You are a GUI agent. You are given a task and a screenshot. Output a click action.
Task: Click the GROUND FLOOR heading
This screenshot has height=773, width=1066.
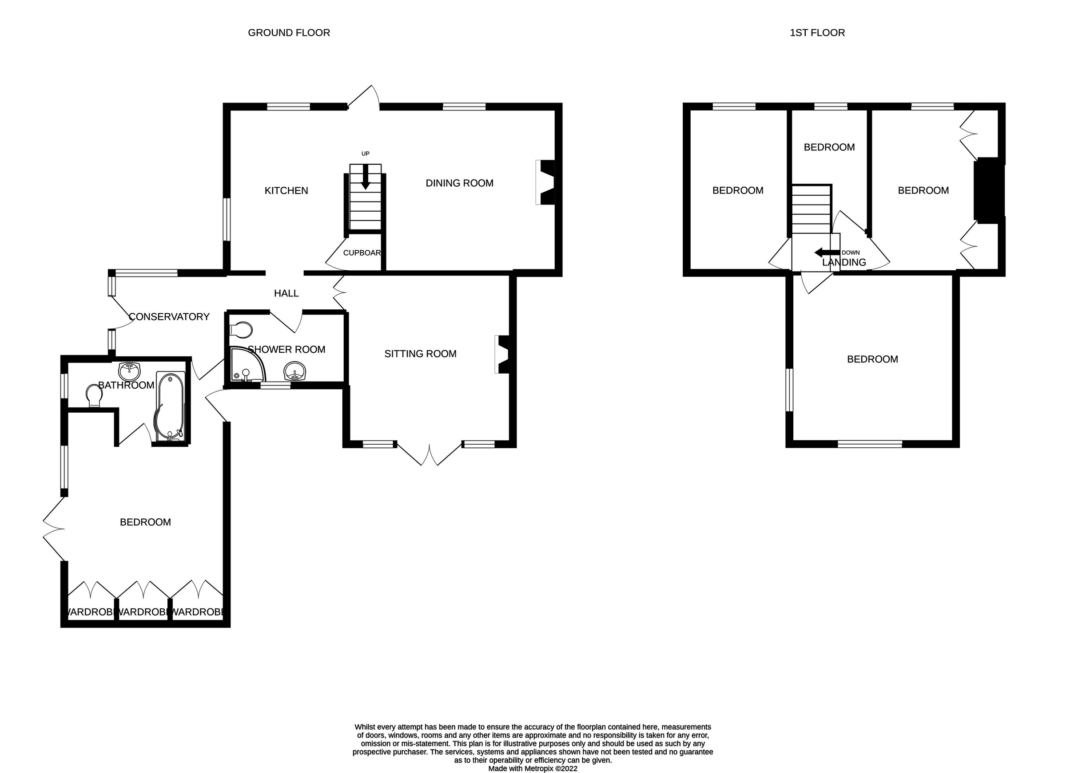point(289,33)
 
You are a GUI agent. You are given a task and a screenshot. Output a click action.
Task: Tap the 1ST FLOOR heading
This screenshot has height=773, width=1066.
point(817,33)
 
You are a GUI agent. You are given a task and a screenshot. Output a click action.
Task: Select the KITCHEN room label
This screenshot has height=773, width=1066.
point(286,191)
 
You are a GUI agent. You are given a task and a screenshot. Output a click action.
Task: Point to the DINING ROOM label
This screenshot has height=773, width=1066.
point(459,183)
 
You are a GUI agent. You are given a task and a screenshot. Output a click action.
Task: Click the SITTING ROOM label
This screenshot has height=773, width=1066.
point(420,354)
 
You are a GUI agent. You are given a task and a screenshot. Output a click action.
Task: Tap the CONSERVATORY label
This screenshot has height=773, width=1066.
point(169,316)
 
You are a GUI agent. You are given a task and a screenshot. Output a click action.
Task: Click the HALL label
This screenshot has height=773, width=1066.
point(286,293)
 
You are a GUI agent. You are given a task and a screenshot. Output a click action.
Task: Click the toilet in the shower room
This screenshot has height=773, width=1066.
point(242,330)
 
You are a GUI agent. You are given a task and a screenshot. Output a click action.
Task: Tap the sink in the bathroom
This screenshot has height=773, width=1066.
point(129,371)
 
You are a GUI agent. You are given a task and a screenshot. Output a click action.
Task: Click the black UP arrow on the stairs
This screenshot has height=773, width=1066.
point(365,181)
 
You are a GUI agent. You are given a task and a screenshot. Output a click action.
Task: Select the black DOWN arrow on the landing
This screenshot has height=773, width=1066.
point(826,252)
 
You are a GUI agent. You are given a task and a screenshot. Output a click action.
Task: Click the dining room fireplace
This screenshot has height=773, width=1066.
point(546,183)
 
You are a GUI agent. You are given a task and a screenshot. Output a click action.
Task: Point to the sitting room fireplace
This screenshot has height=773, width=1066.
point(502,354)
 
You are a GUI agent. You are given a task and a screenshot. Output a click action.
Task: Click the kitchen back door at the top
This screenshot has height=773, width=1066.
point(364,98)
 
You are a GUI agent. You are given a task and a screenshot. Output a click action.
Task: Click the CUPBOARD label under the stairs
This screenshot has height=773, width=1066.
point(362,252)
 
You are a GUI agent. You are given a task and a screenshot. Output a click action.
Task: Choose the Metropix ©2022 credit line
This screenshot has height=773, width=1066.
point(533,768)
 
